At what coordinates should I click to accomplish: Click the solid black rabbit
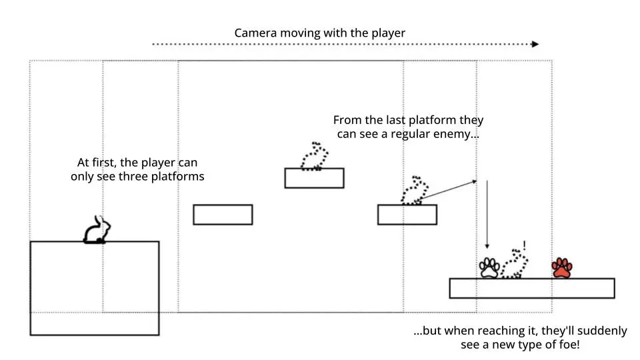tap(96, 230)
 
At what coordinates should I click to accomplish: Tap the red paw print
tap(562, 268)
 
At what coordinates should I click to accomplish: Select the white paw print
tap(489, 268)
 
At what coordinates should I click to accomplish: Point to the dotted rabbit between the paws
tap(514, 265)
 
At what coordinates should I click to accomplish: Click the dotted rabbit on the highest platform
tap(314, 156)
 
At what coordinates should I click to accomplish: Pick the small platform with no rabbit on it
tap(223, 215)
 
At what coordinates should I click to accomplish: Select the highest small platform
tap(314, 178)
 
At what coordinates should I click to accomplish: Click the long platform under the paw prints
tap(531, 288)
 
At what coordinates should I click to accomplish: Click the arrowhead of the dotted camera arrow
tap(535, 45)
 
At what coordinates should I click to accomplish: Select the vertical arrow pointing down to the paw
tap(487, 213)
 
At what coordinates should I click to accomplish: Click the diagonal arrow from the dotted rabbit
tap(447, 189)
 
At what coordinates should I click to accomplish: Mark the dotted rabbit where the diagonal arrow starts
tap(413, 191)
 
